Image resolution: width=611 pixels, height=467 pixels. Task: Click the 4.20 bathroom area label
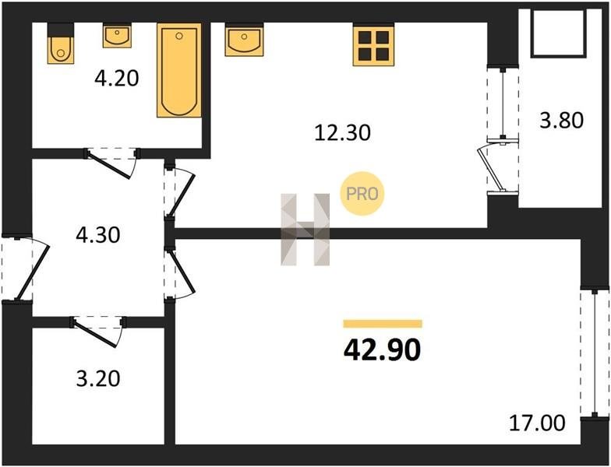point(117,78)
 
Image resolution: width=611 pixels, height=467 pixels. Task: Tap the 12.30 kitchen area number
point(343,132)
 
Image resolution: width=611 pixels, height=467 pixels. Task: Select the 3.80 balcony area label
point(561,120)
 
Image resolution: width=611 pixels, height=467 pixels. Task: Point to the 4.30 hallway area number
point(98,235)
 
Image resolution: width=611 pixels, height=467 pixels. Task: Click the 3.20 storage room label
point(98,378)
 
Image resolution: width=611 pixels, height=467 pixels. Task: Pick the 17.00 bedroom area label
point(537,423)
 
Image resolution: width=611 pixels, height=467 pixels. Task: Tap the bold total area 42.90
point(382,350)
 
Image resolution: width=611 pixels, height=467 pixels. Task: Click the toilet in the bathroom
point(61,44)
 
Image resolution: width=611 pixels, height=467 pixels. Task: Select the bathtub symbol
point(179,70)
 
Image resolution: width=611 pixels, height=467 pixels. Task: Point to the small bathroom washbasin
point(117,36)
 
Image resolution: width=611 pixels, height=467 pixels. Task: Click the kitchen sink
point(244,39)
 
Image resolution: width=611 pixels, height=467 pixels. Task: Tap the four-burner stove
point(373,44)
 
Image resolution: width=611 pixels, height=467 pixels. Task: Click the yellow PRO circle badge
point(362,193)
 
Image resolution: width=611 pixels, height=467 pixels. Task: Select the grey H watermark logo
point(305,230)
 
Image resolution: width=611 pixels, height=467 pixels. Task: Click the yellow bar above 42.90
point(383,324)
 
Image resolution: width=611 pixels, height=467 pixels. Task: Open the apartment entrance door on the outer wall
point(24,268)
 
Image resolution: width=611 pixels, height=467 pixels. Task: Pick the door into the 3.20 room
point(98,331)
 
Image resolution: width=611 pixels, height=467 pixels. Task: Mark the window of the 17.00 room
point(595,353)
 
